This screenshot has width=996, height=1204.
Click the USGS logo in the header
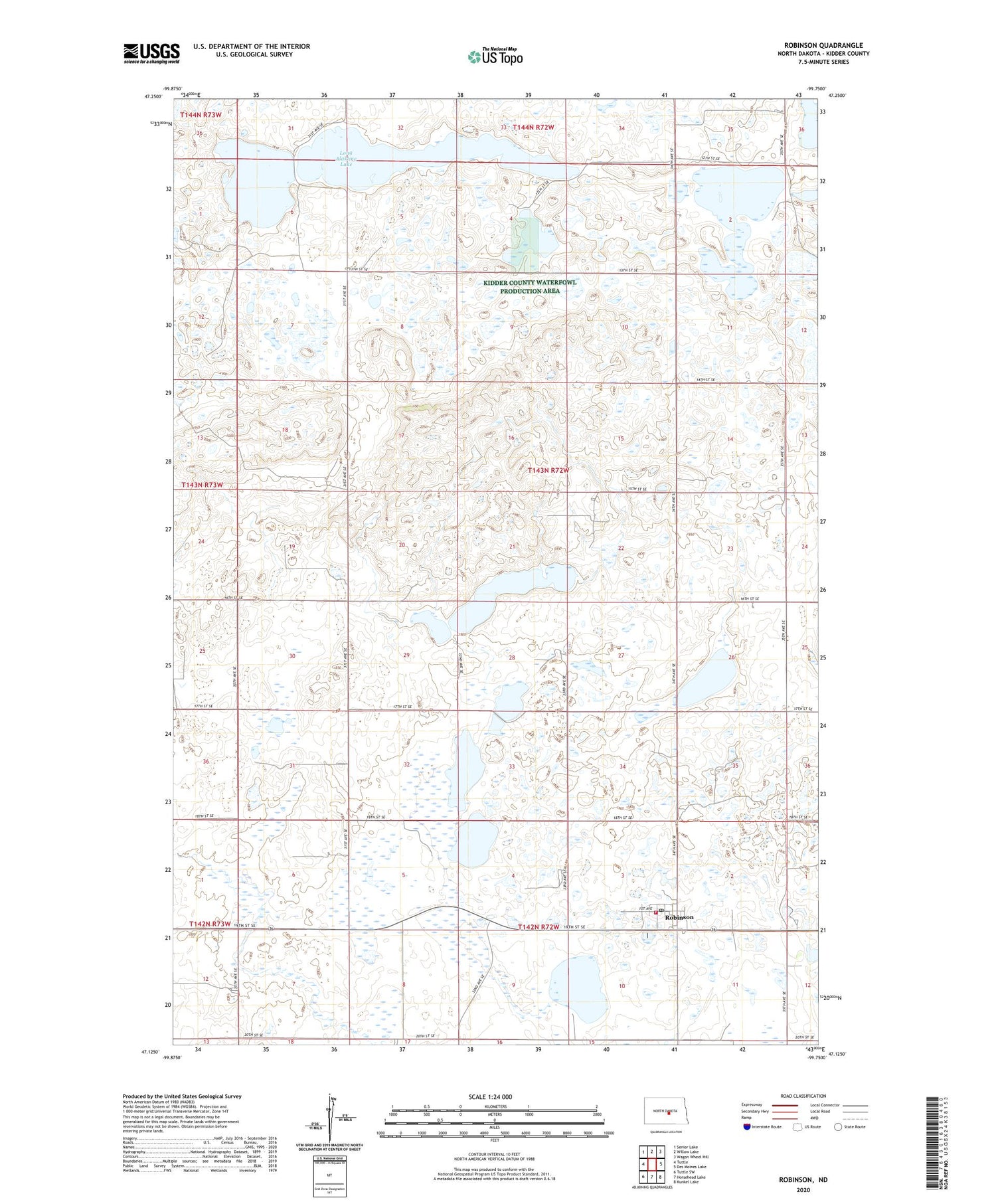[151, 53]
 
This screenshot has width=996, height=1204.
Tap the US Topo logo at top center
[495, 57]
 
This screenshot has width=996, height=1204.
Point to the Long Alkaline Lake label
[346, 158]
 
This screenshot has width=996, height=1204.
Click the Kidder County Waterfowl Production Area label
[529, 287]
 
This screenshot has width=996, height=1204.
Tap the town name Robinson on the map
[679, 917]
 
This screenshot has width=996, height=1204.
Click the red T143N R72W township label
[548, 470]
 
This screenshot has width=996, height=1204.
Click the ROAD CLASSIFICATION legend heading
[803, 1096]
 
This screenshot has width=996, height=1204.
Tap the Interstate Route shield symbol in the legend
[747, 1127]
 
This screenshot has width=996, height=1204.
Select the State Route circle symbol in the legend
[838, 1127]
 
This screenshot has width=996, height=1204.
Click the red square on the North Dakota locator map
[669, 1114]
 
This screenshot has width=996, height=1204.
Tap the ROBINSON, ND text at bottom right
[803, 1180]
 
